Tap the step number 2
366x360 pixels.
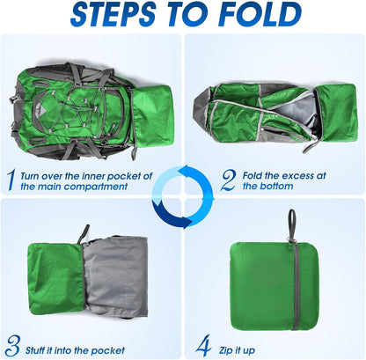[x=228, y=180]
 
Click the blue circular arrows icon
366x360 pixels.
[x=182, y=195]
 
